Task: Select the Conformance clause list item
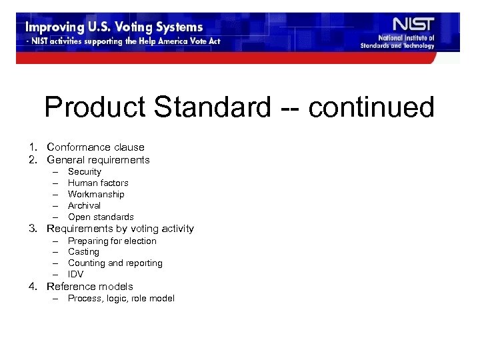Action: coord(95,147)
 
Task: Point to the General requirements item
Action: coord(98,160)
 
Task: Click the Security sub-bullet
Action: coord(85,172)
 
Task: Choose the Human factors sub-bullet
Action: coord(98,183)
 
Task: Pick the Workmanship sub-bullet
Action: coord(96,194)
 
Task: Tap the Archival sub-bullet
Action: coord(84,205)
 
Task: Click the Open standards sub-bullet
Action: coord(101,217)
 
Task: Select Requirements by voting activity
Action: coord(120,229)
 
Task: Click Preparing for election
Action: coord(112,241)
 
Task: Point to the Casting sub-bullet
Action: coord(83,252)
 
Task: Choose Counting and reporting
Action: coord(115,263)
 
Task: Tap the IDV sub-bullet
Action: coord(76,274)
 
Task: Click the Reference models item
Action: coord(90,287)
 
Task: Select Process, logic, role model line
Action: coord(121,299)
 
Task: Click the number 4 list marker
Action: coord(32,287)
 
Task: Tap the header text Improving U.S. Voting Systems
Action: coord(113,27)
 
